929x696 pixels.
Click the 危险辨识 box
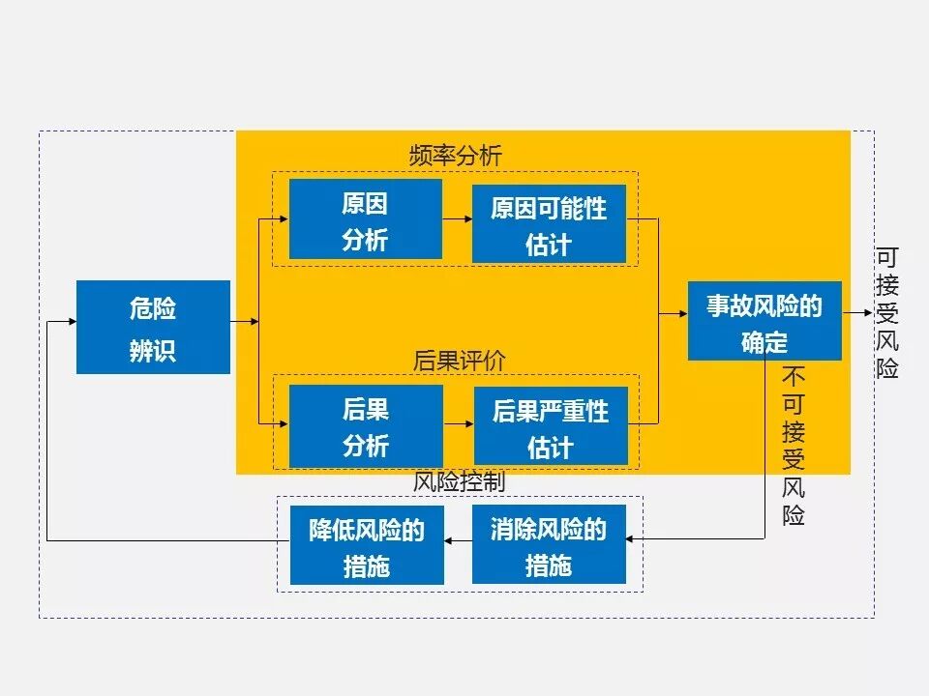pos(153,327)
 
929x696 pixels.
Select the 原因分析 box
pos(365,219)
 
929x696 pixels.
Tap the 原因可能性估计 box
pos(549,223)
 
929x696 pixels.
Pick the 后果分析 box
pos(365,426)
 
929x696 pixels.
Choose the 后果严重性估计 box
pos(550,426)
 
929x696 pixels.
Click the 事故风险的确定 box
pos(764,321)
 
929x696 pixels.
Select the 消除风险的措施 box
pos(549,544)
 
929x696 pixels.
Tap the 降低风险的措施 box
pos(367,545)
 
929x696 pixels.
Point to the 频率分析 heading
pos(456,156)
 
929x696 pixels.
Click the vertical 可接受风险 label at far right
pos(887,313)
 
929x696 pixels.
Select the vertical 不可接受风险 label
pos(794,446)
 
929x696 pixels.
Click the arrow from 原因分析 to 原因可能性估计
pos(457,219)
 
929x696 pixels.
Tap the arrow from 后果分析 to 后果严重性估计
pos(458,423)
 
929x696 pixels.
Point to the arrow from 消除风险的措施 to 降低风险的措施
pos(458,541)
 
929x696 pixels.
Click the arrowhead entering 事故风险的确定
pos(681,314)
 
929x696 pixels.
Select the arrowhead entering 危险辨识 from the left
pos(70,321)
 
